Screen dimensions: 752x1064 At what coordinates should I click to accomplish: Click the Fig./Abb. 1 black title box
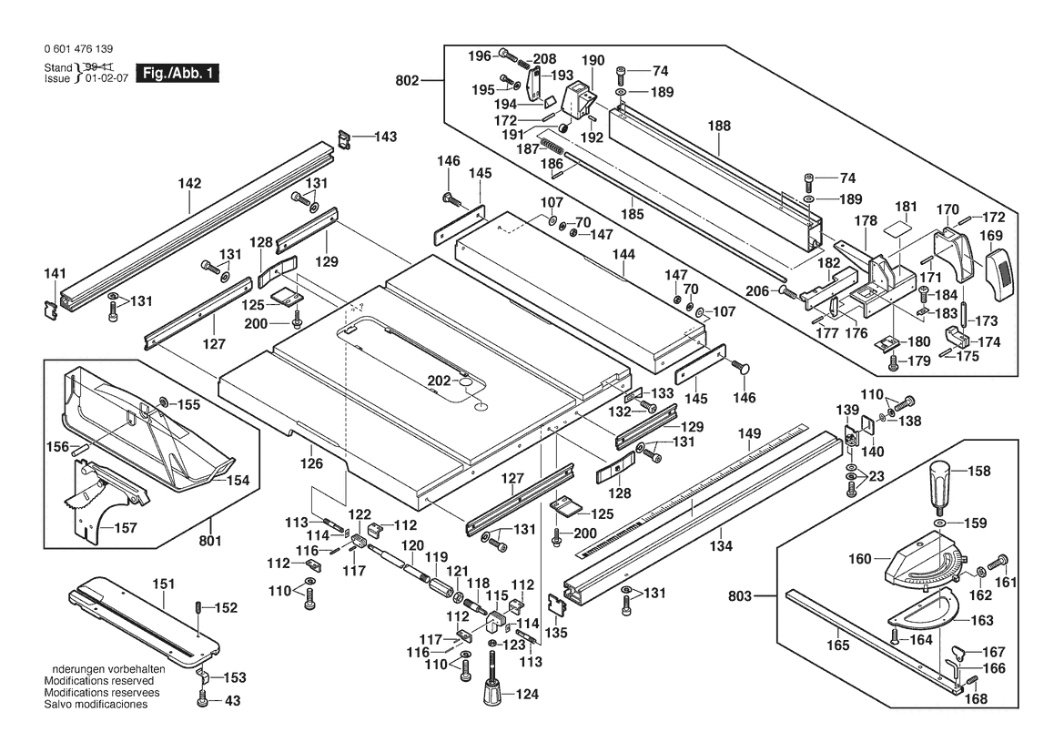[177, 73]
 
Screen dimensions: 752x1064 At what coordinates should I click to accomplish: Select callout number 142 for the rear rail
[189, 183]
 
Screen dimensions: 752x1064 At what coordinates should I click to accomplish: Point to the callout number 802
[408, 81]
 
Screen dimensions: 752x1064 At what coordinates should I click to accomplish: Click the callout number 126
[312, 463]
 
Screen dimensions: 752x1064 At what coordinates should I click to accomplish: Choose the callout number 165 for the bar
[838, 645]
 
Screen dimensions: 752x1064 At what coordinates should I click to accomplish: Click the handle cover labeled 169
[998, 269]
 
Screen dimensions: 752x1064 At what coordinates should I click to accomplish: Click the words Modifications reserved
[98, 681]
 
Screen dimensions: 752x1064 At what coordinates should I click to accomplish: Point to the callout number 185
[632, 215]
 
